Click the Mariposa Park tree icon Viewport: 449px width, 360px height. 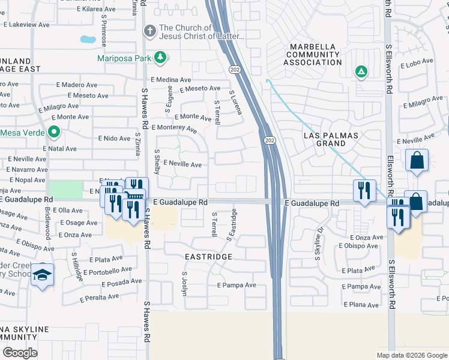click(x=160, y=57)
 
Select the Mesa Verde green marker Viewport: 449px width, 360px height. click(x=53, y=132)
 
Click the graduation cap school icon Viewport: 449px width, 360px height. click(x=43, y=275)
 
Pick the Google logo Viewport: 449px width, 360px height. click(x=20, y=352)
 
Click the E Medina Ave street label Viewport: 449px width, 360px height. click(x=171, y=80)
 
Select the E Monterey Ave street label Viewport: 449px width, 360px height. click(x=174, y=128)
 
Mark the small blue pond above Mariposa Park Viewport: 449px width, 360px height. click(x=88, y=40)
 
